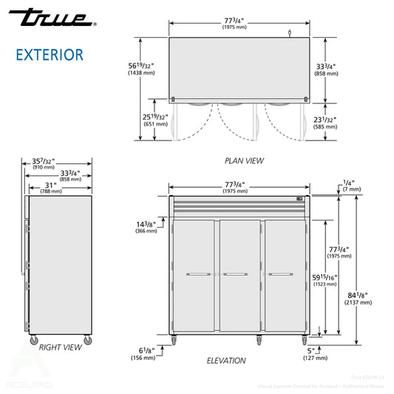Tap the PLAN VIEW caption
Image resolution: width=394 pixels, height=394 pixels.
click(x=244, y=160)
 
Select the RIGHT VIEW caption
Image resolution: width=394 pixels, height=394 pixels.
click(x=61, y=347)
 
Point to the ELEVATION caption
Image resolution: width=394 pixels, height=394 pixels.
click(x=226, y=361)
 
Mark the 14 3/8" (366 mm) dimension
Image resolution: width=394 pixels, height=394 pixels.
click(x=146, y=226)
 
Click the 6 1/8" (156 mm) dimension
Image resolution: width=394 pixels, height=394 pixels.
click(x=144, y=353)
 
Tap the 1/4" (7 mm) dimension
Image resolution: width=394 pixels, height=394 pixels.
click(x=352, y=185)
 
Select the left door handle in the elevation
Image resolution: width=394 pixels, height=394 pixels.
click(x=197, y=275)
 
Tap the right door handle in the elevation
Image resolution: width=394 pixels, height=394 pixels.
click(x=279, y=275)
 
